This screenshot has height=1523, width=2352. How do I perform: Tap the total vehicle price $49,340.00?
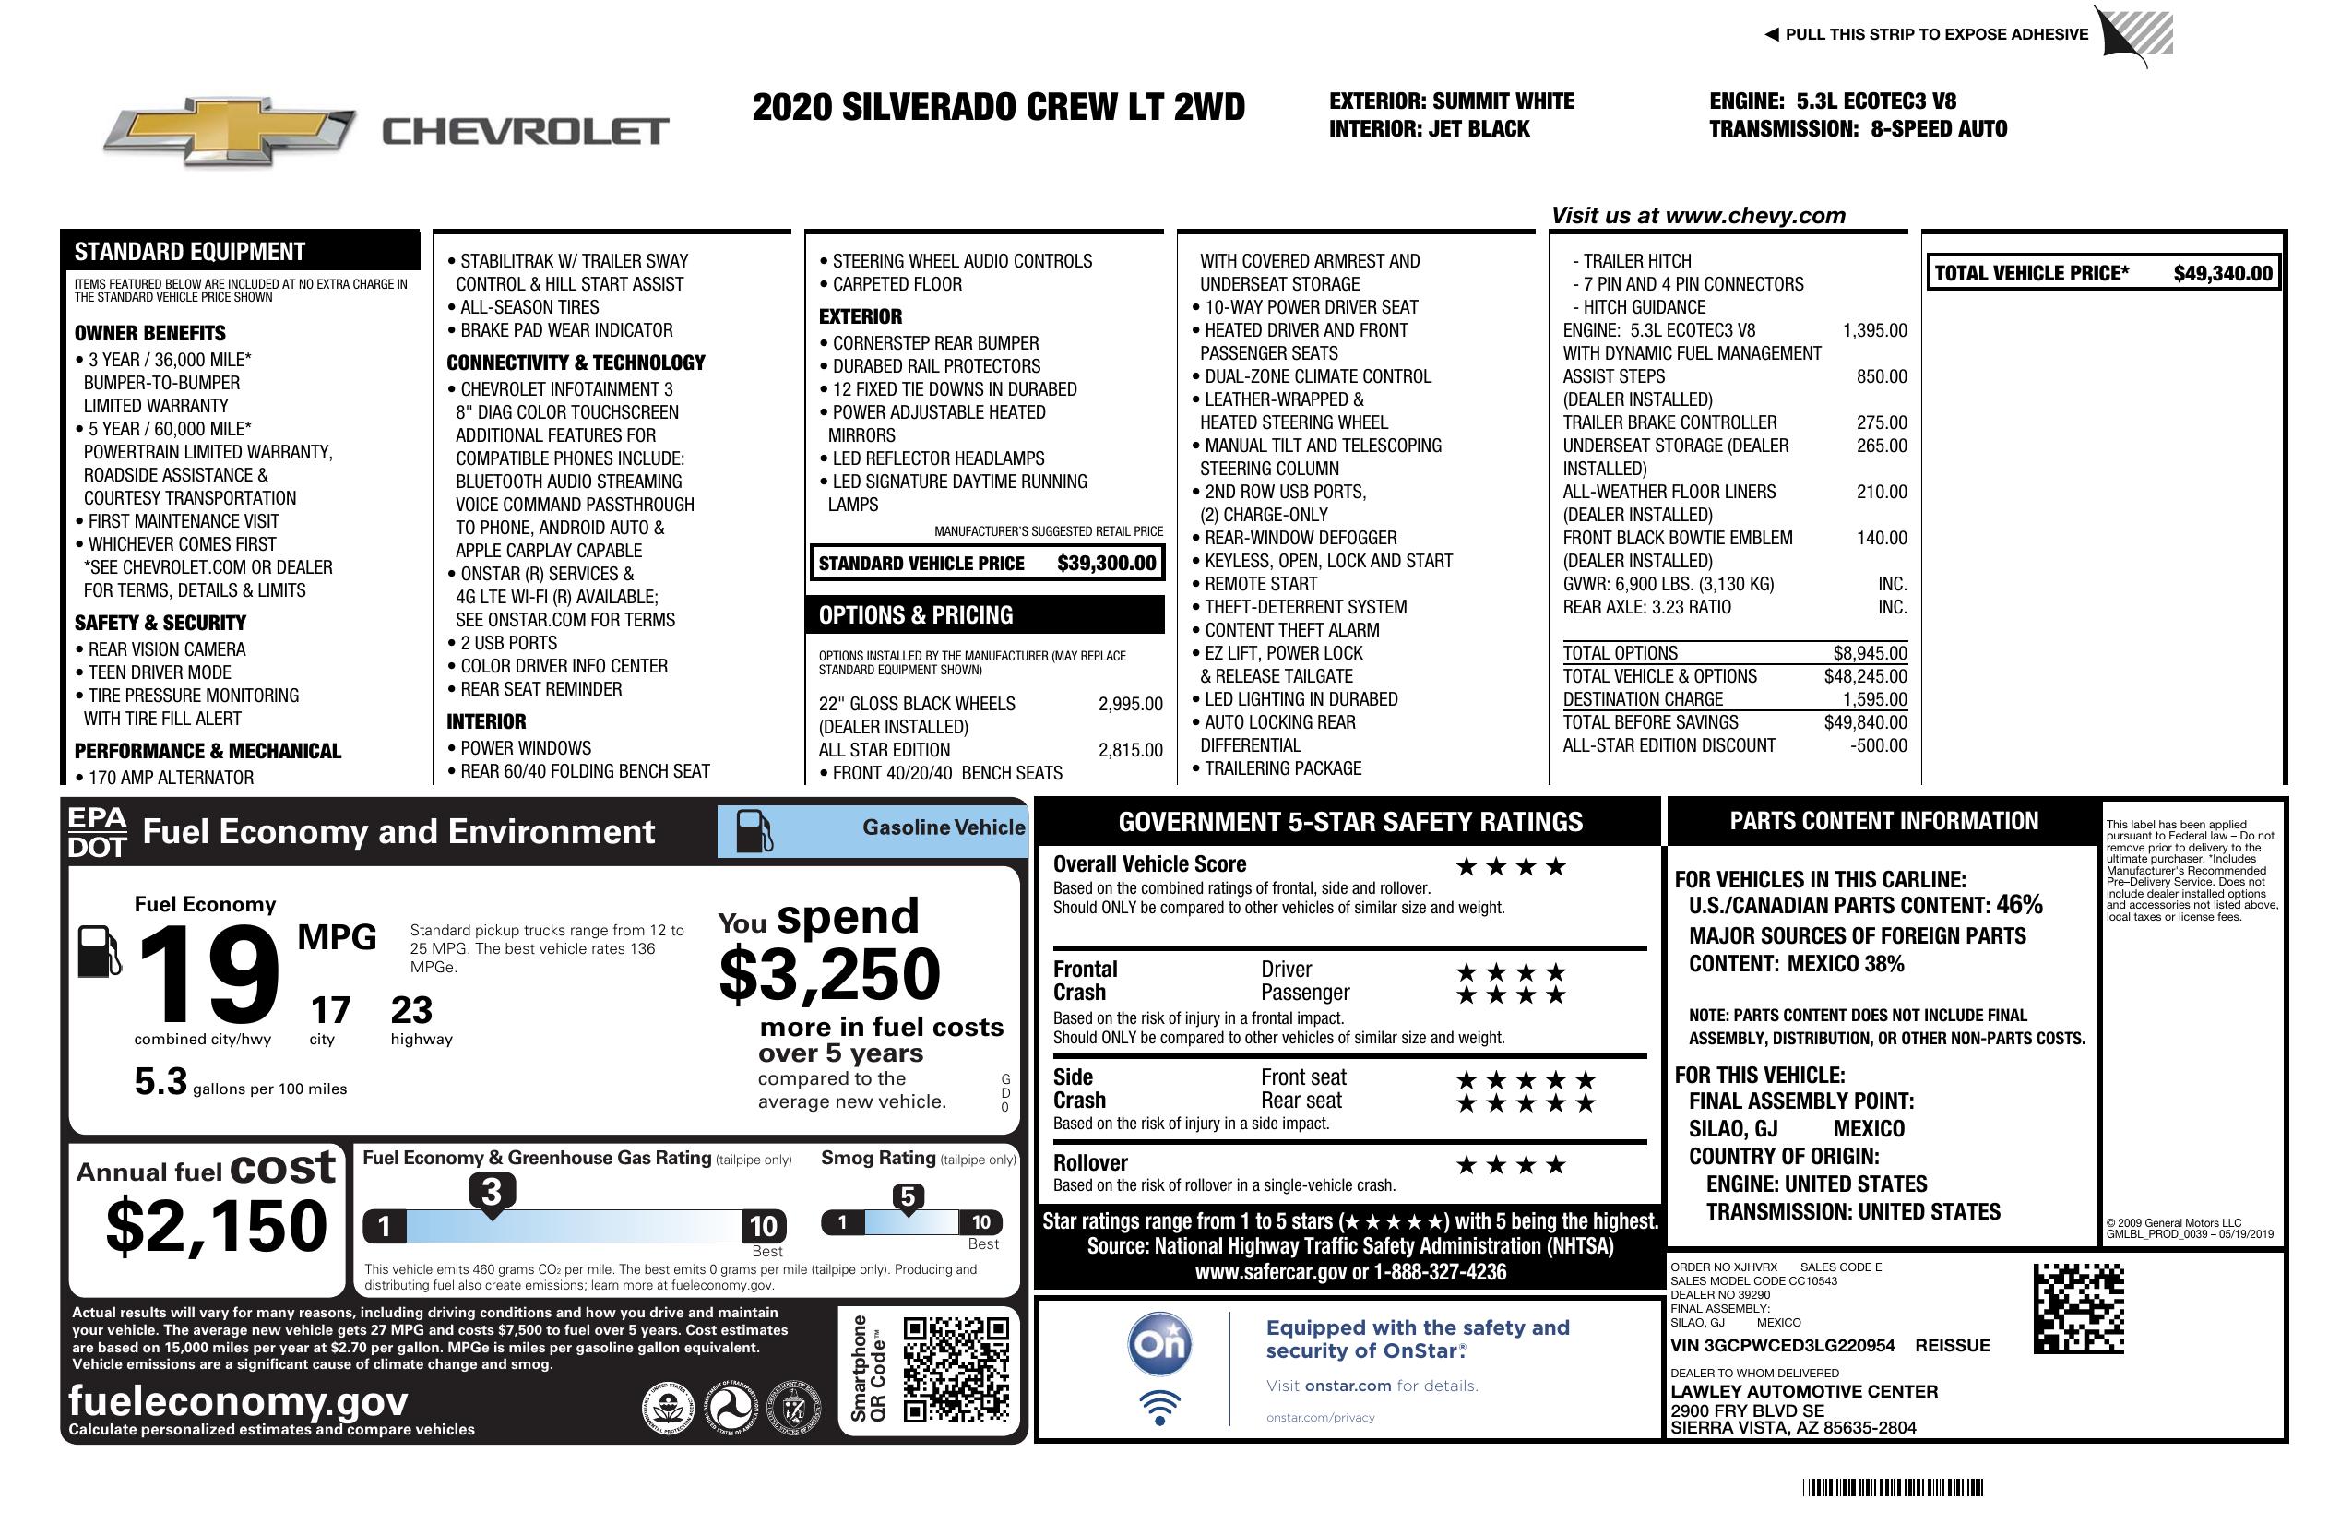(x=2223, y=274)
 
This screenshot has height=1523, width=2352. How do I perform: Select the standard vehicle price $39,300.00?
(x=1106, y=564)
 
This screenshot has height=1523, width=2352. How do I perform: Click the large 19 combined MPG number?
(x=208, y=974)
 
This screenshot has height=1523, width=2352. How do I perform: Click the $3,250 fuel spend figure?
(x=829, y=974)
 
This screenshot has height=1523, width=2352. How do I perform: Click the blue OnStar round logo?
(x=1159, y=1344)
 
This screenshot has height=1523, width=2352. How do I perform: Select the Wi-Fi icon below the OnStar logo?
(x=1159, y=1407)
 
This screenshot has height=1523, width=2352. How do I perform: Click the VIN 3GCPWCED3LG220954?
(x=1782, y=1345)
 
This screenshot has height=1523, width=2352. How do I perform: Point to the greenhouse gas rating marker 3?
(x=491, y=1192)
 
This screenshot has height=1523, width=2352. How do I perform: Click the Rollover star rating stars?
(x=1511, y=1165)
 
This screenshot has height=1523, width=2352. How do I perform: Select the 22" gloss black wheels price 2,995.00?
(x=1130, y=704)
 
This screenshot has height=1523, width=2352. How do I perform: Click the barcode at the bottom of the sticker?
(x=1892, y=1487)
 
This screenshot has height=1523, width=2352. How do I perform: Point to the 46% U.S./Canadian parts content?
(x=2019, y=904)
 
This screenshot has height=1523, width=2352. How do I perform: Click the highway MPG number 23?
(x=411, y=1010)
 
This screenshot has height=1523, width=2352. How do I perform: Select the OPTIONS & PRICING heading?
(x=915, y=615)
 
